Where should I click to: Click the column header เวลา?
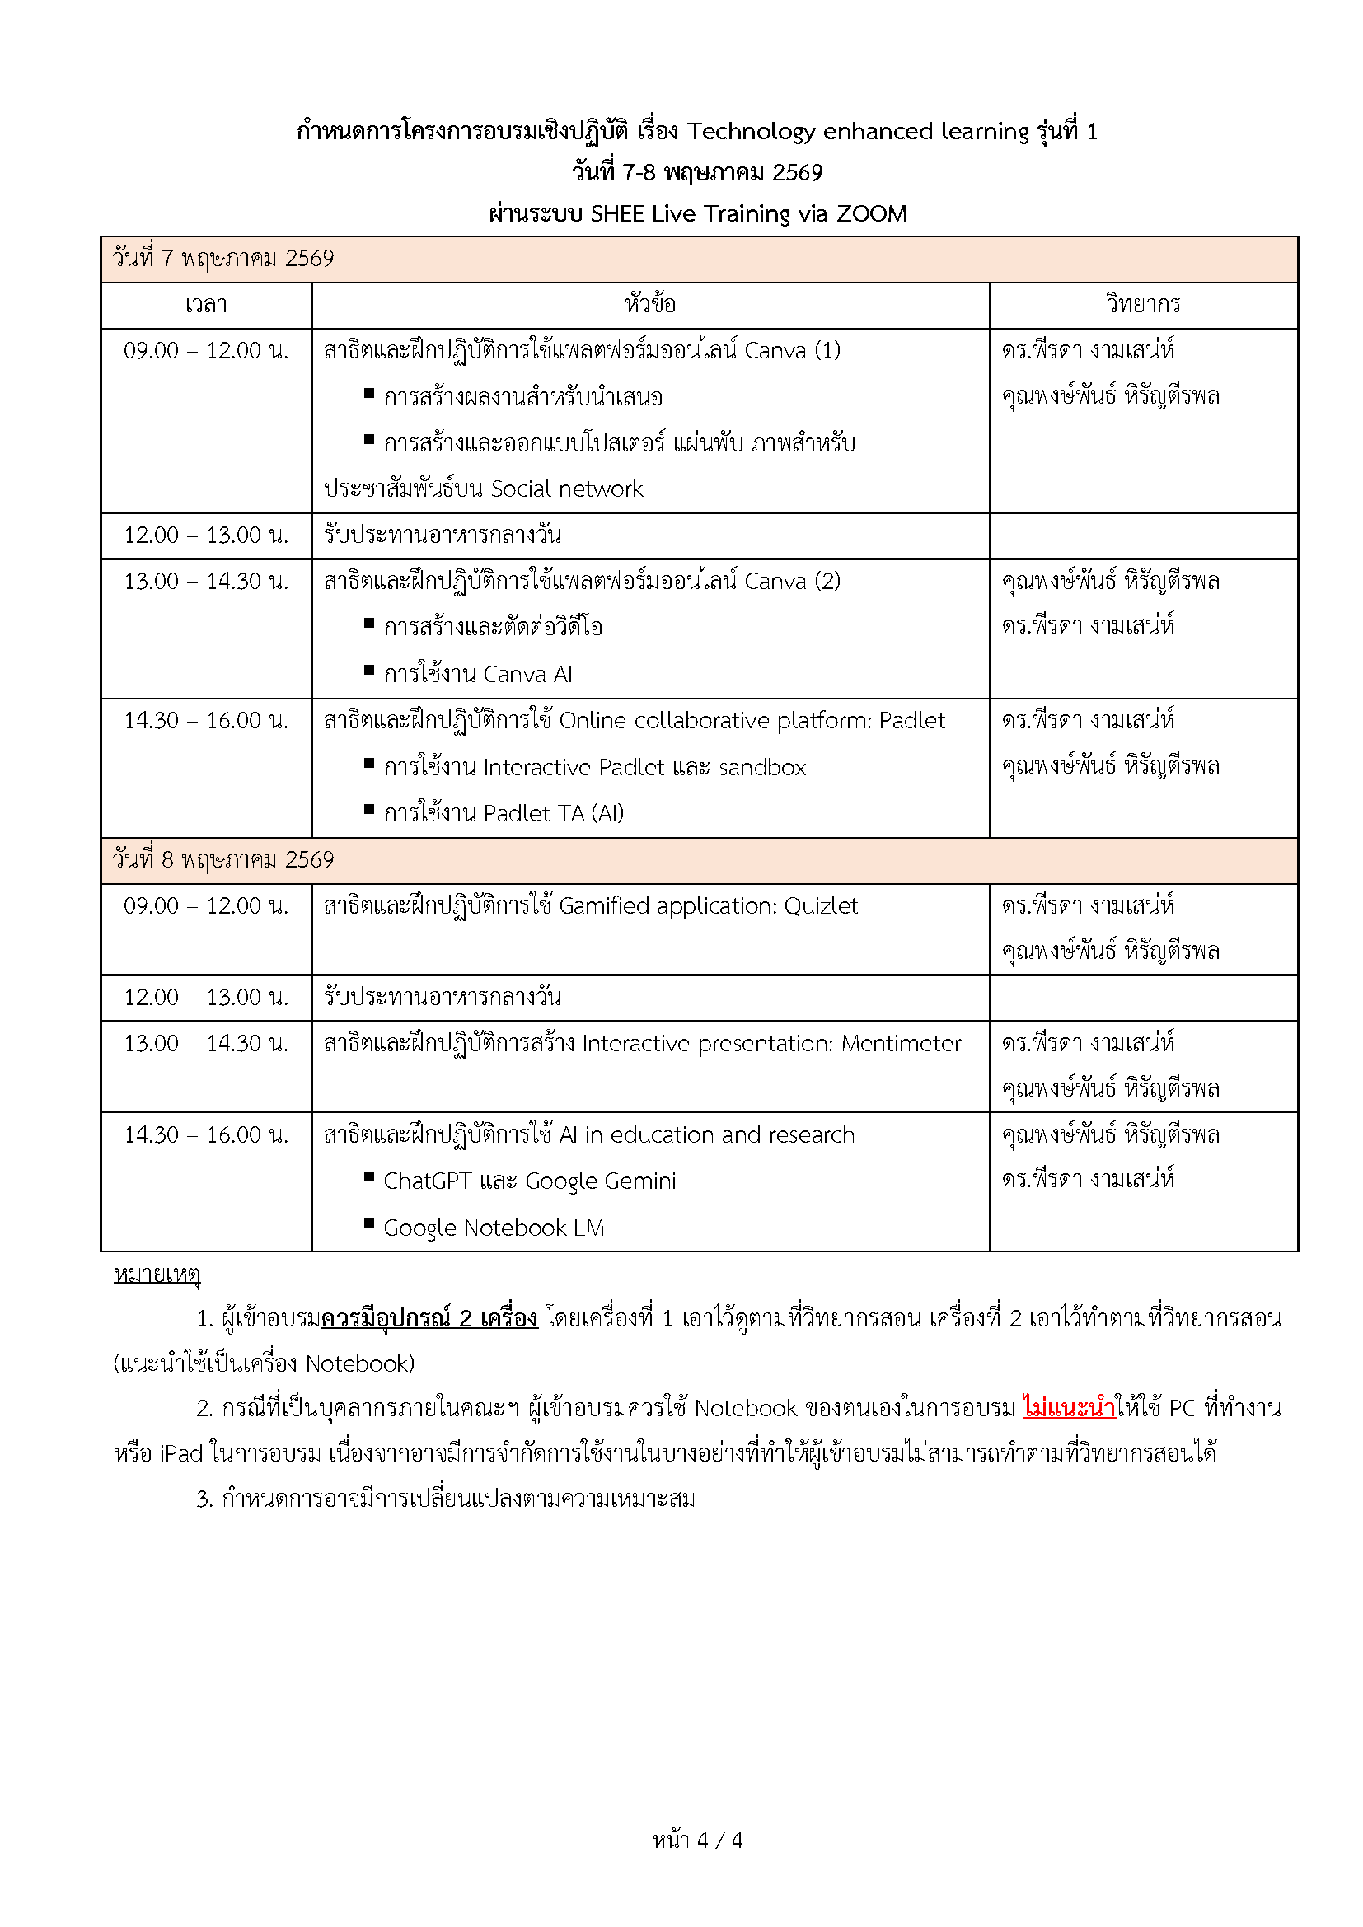coord(206,305)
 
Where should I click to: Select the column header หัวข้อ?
coord(649,305)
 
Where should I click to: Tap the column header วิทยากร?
coord(1142,305)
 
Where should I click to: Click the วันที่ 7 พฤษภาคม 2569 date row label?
coord(223,259)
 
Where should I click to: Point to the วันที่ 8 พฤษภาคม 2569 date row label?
coord(223,860)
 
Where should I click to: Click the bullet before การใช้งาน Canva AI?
coord(368,671)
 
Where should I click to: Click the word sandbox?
coord(762,768)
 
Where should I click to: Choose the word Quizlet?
coord(820,906)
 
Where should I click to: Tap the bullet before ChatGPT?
coord(368,1177)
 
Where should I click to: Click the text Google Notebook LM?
coord(494,1228)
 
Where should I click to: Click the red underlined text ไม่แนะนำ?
coord(1069,1407)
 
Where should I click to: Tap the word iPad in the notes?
coord(180,1452)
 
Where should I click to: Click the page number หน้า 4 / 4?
coord(697,1840)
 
